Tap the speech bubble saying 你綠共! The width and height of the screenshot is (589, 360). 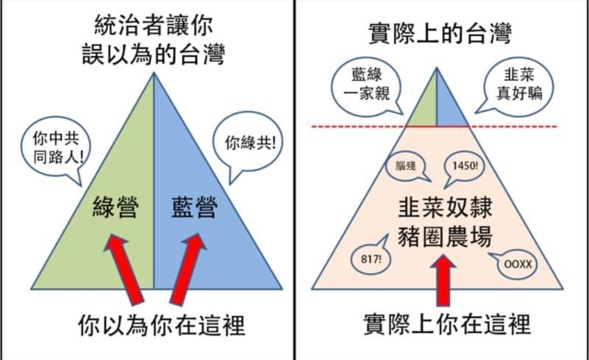(x=248, y=143)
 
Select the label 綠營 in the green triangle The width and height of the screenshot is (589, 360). (x=115, y=207)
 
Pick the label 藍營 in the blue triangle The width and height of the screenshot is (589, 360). (x=194, y=207)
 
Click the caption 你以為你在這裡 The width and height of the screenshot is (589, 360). (x=161, y=326)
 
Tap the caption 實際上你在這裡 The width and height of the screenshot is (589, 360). (x=447, y=325)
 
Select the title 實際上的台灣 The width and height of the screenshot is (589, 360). (x=440, y=33)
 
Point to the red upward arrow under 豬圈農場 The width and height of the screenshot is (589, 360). (x=443, y=280)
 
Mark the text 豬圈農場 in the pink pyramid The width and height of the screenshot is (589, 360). (x=445, y=237)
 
